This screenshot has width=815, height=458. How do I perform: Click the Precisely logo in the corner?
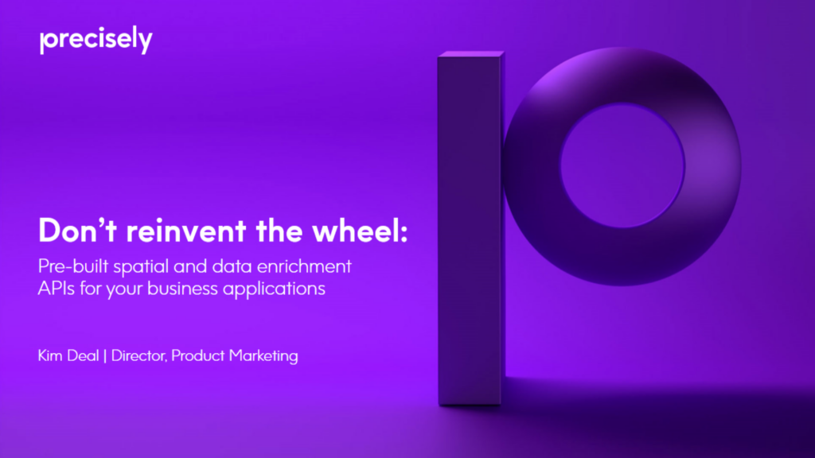click(x=96, y=41)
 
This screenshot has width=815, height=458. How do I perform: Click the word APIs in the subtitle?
click(x=56, y=288)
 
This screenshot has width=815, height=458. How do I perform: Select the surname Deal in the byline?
click(x=84, y=355)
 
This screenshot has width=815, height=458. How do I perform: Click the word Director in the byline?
click(x=138, y=355)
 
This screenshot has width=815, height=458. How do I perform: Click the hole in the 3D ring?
click(x=622, y=164)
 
